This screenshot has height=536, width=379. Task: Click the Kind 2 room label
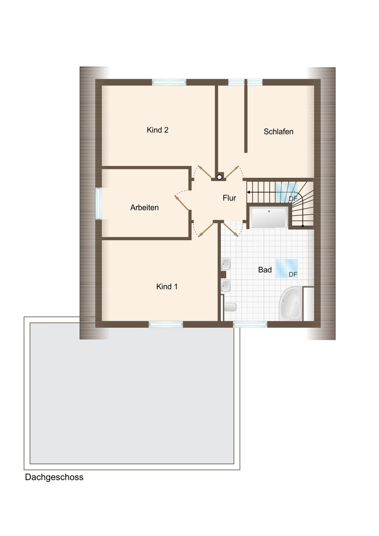point(157,130)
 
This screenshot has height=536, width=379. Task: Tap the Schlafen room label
point(278,131)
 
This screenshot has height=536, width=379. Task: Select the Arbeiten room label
point(144,207)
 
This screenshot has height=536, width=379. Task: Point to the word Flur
point(229,198)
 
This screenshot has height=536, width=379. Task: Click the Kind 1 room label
point(167,286)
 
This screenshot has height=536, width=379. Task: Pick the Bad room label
point(265,270)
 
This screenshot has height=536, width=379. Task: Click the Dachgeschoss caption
point(54,477)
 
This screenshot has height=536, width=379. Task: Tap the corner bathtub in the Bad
point(291,304)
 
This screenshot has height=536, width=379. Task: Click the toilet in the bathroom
point(230,307)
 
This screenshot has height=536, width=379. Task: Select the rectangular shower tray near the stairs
point(269,217)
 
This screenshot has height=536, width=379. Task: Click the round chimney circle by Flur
point(219,177)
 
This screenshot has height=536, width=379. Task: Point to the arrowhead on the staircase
point(249,192)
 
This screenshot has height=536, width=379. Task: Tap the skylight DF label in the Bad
point(293,274)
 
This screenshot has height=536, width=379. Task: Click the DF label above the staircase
point(293,199)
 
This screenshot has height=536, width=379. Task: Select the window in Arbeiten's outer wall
point(98,203)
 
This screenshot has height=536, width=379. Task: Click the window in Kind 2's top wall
point(169,82)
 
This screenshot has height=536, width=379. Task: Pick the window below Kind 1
point(166,324)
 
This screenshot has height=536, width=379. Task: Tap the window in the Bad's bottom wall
point(250,324)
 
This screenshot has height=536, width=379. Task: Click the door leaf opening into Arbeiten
point(182,203)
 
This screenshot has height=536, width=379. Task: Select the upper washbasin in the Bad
point(226,264)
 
